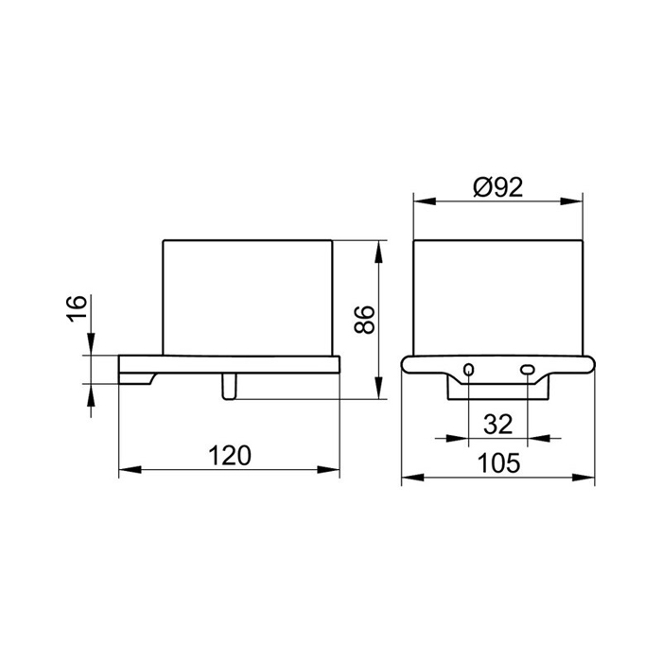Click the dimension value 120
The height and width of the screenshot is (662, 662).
230,456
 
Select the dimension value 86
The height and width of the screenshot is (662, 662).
364,320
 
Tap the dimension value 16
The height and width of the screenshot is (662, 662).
77,308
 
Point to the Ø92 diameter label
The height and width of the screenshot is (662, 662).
497,187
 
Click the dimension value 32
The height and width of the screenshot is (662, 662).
497,425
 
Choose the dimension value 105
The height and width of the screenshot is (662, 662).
498,462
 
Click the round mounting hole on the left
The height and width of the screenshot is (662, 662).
469,370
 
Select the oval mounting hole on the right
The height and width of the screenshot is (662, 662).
528,370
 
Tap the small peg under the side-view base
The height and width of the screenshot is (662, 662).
229,386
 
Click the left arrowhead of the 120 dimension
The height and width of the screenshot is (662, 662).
130,469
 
